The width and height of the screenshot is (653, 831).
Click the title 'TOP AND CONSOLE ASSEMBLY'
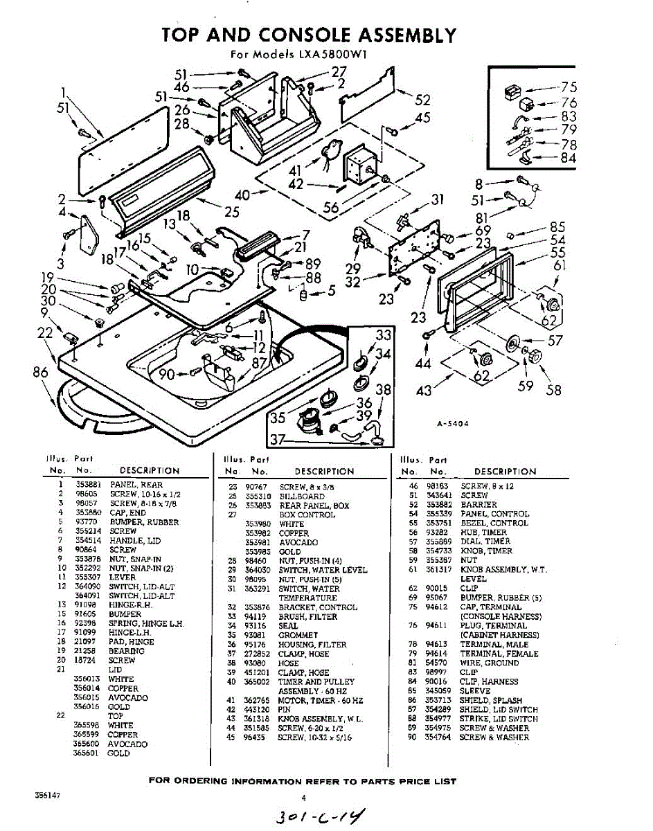pos(309,35)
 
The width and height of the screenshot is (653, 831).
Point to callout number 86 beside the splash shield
pos(40,373)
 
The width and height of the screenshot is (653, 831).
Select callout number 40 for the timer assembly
pos(242,195)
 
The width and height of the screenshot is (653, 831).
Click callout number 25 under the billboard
pos(232,211)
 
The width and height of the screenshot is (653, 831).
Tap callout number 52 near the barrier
pos(422,100)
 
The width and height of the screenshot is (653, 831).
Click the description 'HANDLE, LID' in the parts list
pos(132,540)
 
